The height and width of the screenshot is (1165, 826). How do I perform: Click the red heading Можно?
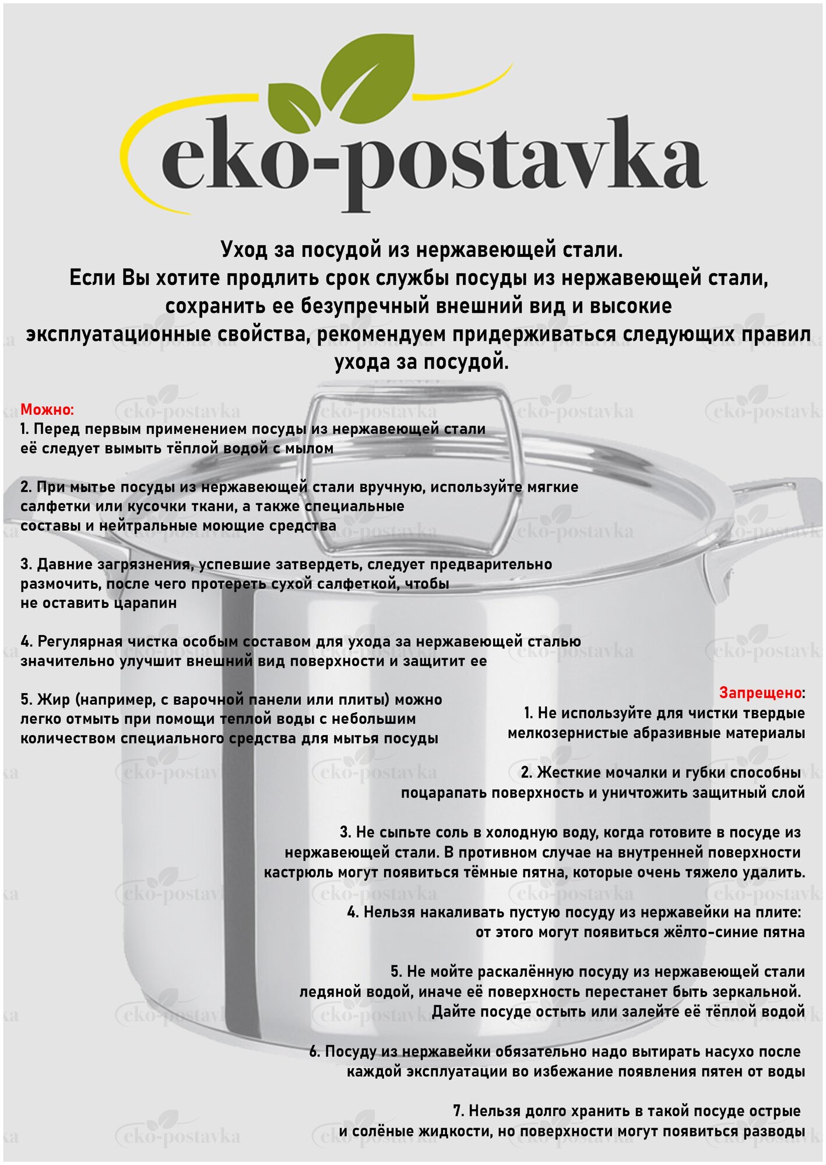click(x=47, y=409)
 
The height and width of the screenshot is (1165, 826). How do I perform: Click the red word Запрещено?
click(x=760, y=693)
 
